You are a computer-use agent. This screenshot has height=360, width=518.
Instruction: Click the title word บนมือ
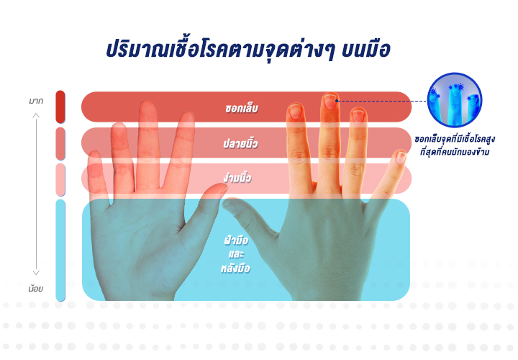365,50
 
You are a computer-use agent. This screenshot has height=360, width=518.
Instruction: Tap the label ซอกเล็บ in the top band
242,109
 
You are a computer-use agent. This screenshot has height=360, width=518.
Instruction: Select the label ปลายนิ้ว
240,143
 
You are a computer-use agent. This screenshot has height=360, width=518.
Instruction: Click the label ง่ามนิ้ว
237,178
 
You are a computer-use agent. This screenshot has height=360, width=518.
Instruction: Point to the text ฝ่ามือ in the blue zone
236,240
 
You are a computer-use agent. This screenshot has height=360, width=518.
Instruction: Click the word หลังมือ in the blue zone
235,267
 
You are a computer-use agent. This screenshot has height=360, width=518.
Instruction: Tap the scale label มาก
36,101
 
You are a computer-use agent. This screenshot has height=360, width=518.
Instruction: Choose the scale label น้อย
36,288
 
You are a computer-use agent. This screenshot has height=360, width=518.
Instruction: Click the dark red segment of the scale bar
60,107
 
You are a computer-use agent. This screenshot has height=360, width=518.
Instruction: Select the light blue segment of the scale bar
60,251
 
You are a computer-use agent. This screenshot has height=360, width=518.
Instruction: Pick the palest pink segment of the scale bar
60,180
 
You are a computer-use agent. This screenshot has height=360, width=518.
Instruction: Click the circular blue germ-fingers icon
455,100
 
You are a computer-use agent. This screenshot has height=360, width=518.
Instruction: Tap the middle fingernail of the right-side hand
330,102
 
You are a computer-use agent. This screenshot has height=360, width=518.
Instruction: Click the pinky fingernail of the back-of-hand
401,157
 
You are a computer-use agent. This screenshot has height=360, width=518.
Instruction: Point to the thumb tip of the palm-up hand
221,189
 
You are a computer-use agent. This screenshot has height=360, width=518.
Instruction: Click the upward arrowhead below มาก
36,115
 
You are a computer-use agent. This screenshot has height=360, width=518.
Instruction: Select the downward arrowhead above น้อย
36,273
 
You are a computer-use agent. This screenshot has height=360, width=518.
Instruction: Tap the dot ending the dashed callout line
337,101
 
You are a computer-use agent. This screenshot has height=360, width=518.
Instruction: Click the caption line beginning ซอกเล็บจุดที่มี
455,139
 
